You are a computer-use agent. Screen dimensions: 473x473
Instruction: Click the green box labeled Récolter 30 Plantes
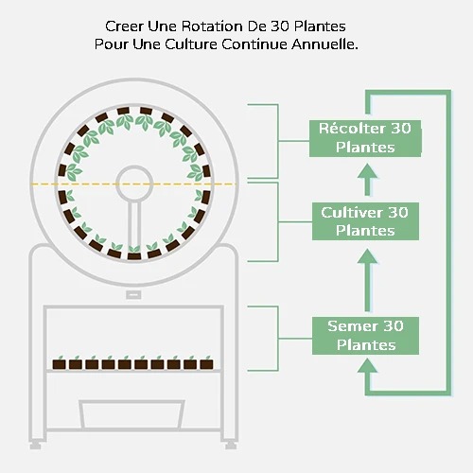point(365,138)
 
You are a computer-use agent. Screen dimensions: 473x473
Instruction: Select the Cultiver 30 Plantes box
point(365,221)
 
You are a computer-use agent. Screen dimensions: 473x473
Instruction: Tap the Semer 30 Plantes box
point(365,336)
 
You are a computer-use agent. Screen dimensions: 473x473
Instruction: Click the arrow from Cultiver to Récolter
point(367,180)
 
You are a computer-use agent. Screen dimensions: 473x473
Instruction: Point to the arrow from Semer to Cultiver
point(367,280)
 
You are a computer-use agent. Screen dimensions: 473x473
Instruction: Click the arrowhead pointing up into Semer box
point(367,366)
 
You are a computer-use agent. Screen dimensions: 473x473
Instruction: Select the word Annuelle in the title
point(324,44)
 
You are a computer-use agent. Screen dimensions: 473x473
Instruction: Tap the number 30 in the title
point(279,26)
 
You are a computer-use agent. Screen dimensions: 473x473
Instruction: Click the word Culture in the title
point(191,44)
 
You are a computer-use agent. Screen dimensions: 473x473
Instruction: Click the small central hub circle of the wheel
point(134,184)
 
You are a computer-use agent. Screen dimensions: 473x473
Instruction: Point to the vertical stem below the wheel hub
point(134,224)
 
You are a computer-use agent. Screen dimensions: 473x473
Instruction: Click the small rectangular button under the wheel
point(133,295)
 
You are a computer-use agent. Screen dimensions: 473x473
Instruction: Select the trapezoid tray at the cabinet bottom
point(131,414)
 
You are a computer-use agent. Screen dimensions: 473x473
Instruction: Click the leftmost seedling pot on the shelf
point(59,363)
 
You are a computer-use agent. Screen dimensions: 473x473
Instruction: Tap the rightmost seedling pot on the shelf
point(206,363)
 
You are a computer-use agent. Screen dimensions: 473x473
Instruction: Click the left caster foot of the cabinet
point(35,446)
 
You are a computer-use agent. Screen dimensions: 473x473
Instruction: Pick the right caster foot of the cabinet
point(231,446)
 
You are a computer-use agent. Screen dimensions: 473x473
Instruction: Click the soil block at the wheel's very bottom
point(133,255)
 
